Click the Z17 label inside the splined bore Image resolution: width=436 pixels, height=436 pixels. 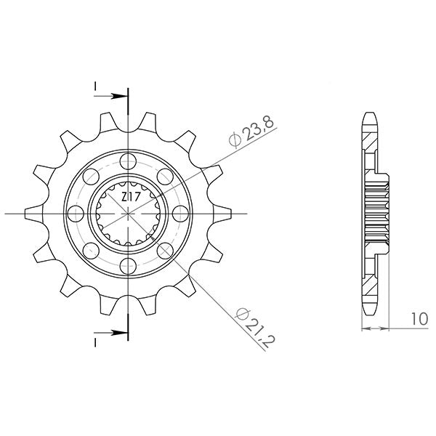pos(128,196)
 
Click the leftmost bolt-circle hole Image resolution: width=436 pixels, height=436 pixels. pos(76,213)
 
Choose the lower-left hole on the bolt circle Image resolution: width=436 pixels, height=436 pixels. pos(92,250)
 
